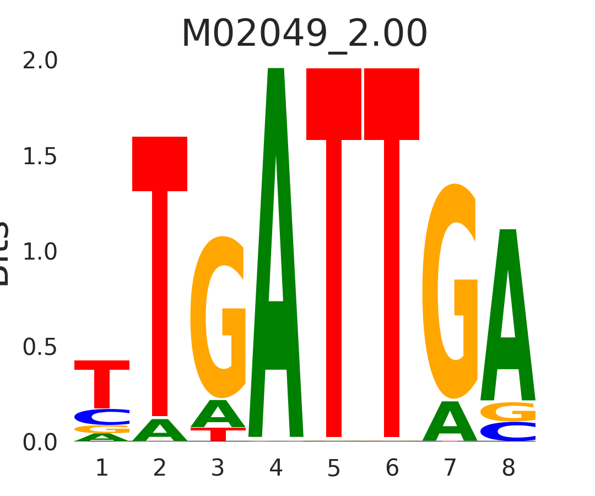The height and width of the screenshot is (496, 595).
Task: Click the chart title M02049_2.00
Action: pyautogui.click(x=304, y=34)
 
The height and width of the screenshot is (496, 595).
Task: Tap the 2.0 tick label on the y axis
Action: pyautogui.click(x=40, y=61)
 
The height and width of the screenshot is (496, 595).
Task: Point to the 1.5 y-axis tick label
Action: pyautogui.click(x=40, y=157)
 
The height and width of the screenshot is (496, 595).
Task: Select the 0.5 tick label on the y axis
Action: pyautogui.click(x=40, y=347)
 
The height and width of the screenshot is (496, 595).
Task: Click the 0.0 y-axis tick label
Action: pyautogui.click(x=40, y=443)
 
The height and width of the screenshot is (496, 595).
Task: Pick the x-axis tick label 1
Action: pyautogui.click(x=101, y=468)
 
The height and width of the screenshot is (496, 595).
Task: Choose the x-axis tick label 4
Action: pyautogui.click(x=276, y=468)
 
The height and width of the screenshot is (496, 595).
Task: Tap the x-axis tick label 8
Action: pyautogui.click(x=508, y=468)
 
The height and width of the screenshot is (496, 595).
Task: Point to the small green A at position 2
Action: pyautogui.click(x=160, y=432)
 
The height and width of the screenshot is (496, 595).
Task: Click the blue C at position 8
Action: pyautogui.click(x=508, y=432)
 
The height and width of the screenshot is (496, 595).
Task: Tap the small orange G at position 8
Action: pyautogui.click(x=508, y=412)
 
